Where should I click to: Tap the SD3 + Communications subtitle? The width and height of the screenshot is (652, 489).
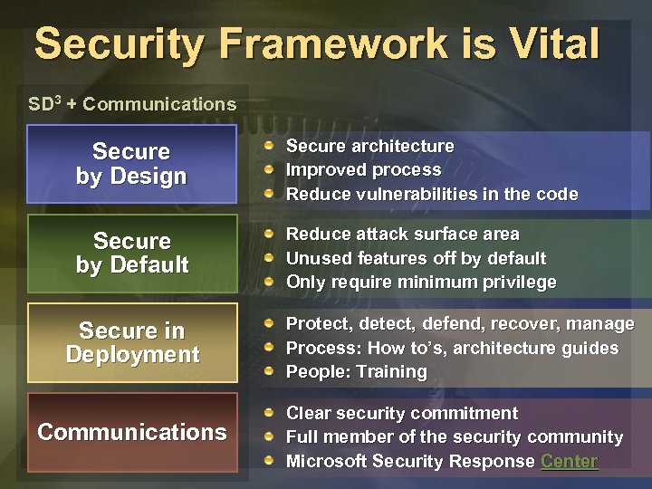[x=132, y=104]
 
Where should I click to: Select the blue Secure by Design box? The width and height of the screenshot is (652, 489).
[x=132, y=164]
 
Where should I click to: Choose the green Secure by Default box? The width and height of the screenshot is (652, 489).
[x=132, y=253]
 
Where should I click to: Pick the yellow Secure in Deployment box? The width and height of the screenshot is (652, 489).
[x=132, y=342]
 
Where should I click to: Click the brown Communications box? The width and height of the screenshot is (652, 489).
[x=132, y=432]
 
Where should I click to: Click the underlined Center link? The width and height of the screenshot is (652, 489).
[x=569, y=461]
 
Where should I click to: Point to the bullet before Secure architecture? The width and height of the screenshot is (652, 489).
[x=269, y=146]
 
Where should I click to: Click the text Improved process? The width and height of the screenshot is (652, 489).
[x=363, y=170]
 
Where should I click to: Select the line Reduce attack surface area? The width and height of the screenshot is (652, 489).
[x=402, y=235]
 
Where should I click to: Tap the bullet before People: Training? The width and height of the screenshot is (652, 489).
[x=269, y=371]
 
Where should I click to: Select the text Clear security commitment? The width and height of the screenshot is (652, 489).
[x=401, y=414]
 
